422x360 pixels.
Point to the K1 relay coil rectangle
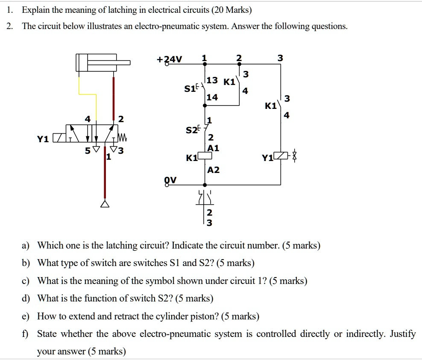point(206,156)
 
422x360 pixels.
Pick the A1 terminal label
point(213,148)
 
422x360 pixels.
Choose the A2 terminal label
point(213,170)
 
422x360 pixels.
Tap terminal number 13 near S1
point(212,80)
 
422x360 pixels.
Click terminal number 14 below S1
point(212,97)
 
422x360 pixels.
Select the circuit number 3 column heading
point(280,58)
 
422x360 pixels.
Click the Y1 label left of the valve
point(42,139)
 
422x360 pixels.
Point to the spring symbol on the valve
point(122,138)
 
